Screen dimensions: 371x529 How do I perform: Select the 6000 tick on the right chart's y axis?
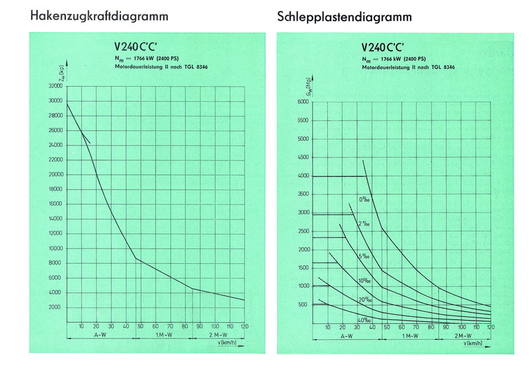click(303, 102)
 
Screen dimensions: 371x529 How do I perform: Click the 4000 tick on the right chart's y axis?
click(303, 176)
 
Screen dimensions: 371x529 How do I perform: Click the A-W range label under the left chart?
click(99, 335)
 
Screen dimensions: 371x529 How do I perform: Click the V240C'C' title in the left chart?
click(138, 48)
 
